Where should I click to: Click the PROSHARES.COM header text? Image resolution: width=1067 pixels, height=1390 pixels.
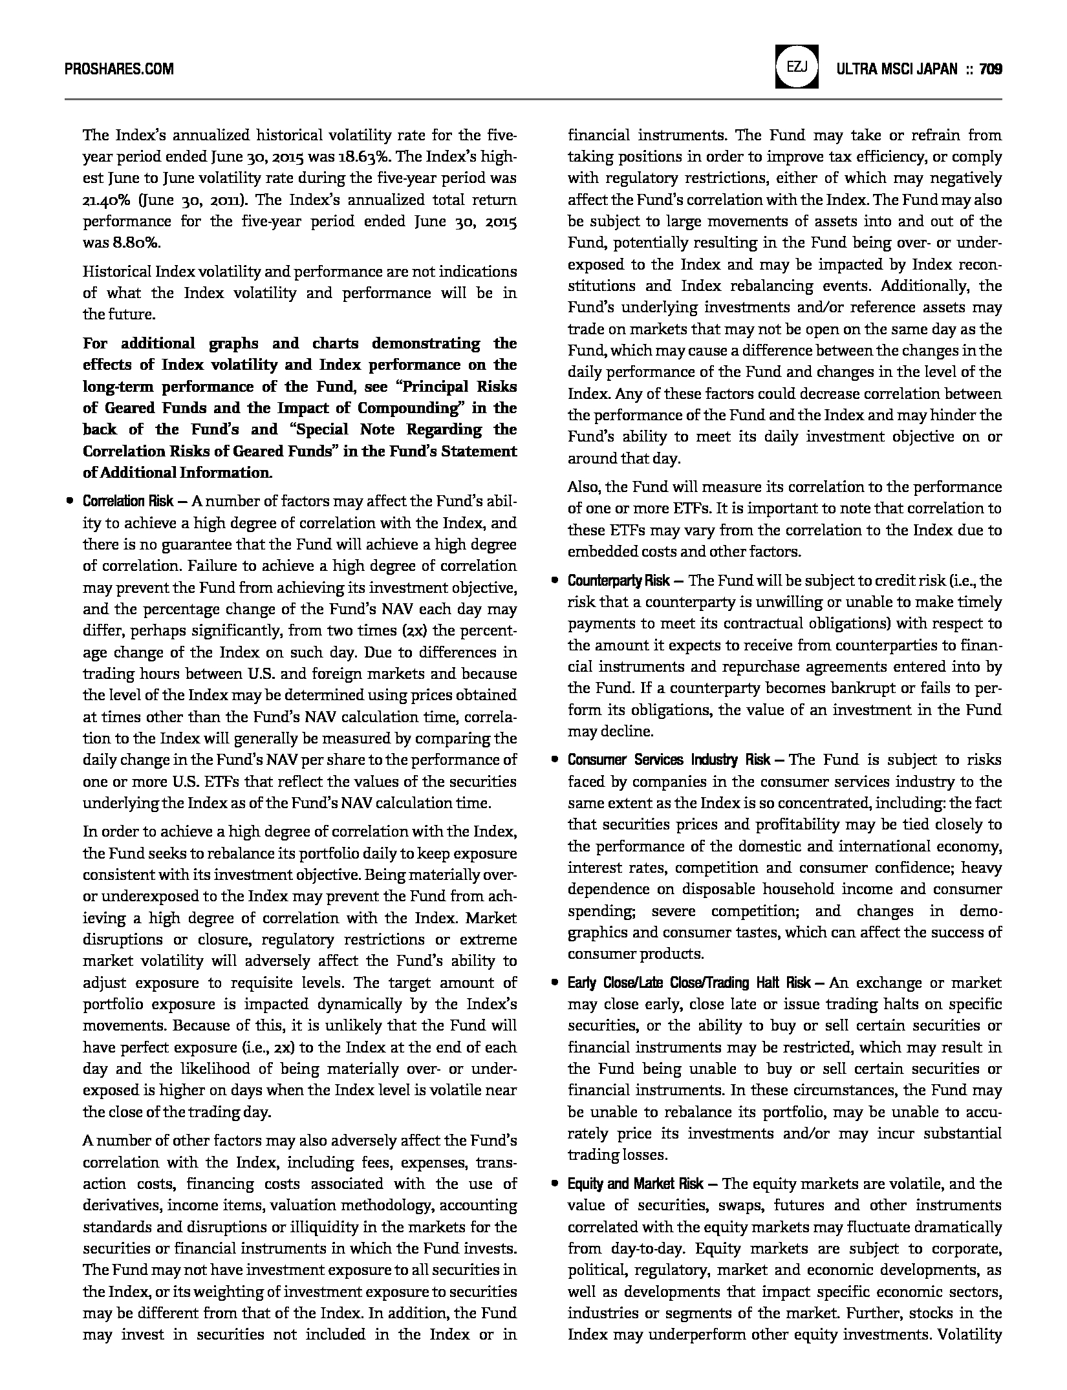(x=119, y=69)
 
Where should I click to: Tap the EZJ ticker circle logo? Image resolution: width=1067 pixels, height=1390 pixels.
(x=796, y=67)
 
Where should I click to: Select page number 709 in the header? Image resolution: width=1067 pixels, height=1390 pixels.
(x=991, y=69)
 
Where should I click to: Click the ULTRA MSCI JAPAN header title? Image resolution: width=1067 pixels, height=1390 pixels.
(x=897, y=69)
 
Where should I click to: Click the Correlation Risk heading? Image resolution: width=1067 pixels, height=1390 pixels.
(x=128, y=501)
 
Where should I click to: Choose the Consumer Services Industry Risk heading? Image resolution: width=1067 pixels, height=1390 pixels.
(x=669, y=760)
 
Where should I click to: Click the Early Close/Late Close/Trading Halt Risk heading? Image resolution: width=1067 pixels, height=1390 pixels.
(x=689, y=983)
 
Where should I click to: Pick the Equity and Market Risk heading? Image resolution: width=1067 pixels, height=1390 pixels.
(x=635, y=1184)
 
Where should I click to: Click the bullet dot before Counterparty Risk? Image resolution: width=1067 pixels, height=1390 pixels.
(x=554, y=581)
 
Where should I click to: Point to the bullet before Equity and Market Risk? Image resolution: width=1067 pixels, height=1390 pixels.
(x=554, y=1184)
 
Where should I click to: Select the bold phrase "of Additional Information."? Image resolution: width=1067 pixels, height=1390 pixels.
(x=177, y=473)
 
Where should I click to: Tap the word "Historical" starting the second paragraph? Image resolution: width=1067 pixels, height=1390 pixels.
(x=114, y=272)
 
